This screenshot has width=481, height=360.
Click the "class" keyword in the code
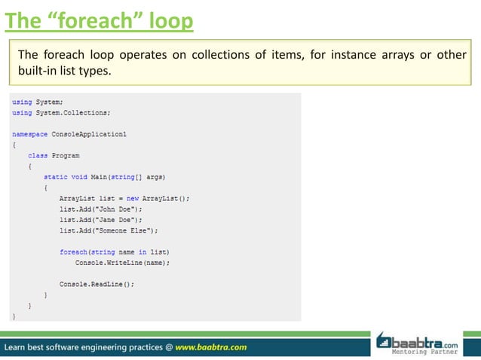[38, 155]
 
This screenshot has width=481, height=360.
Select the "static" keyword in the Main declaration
[56, 176]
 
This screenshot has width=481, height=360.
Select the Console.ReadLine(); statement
[97, 284]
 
